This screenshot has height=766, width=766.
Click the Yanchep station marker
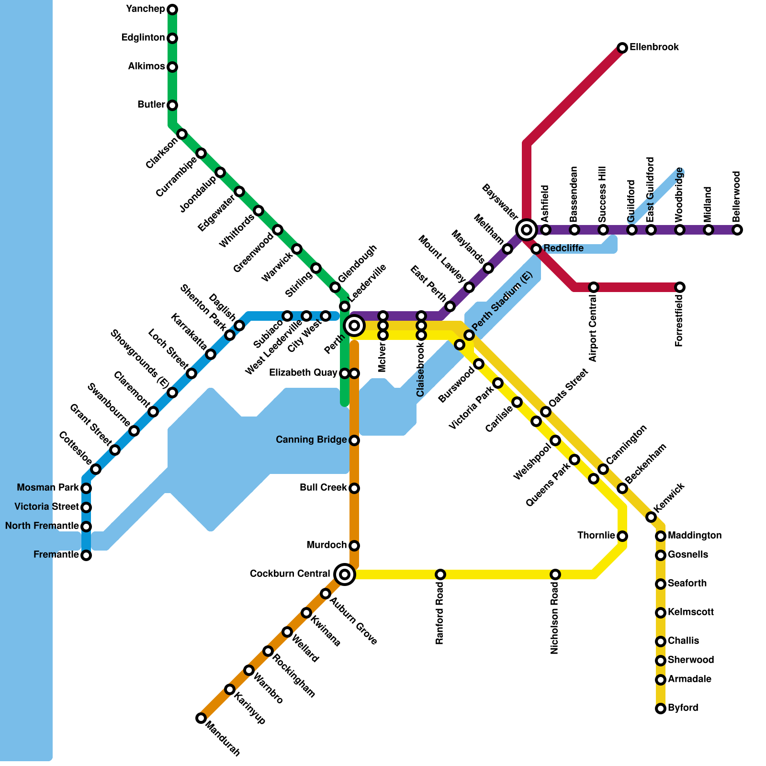click(x=173, y=10)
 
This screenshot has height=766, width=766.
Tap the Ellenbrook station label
click(x=654, y=47)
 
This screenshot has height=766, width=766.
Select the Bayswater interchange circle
click(x=527, y=230)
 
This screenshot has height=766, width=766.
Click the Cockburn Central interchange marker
click(x=345, y=574)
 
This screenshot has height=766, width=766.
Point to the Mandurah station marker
click(x=201, y=718)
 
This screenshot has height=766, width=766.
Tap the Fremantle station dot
click(x=86, y=555)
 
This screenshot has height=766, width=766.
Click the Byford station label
click(x=683, y=708)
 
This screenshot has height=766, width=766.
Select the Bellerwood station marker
click(x=737, y=230)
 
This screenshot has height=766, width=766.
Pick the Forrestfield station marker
click(x=680, y=287)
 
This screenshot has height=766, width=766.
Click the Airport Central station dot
click(x=594, y=287)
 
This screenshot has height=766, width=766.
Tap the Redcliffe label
click(x=563, y=248)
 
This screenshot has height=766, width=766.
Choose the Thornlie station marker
click(x=622, y=536)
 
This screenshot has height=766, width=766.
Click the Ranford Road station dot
click(x=440, y=574)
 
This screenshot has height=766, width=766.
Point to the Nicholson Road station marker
click(x=555, y=574)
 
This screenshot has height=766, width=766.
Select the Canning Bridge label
click(x=311, y=440)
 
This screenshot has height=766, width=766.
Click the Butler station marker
click(x=173, y=105)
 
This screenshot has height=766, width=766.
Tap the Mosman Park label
click(x=48, y=488)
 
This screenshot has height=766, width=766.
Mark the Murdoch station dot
click(x=354, y=546)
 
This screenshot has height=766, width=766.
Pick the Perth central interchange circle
click(x=354, y=326)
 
